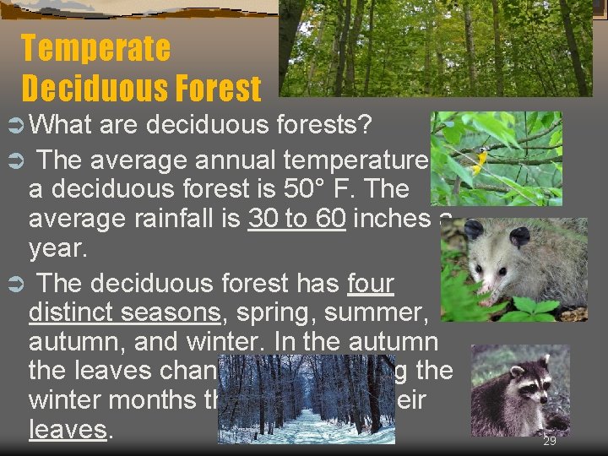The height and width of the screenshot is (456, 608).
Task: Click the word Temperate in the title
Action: pyautogui.click(x=95, y=48)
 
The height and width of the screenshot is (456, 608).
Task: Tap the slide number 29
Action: pyautogui.click(x=550, y=442)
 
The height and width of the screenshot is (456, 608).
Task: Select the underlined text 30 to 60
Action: pyautogui.click(x=296, y=219)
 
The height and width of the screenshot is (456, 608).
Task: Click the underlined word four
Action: pyautogui.click(x=371, y=283)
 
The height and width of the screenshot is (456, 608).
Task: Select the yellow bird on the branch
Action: pyautogui.click(x=480, y=160)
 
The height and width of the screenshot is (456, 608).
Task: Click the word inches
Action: pyautogui.click(x=392, y=219)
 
